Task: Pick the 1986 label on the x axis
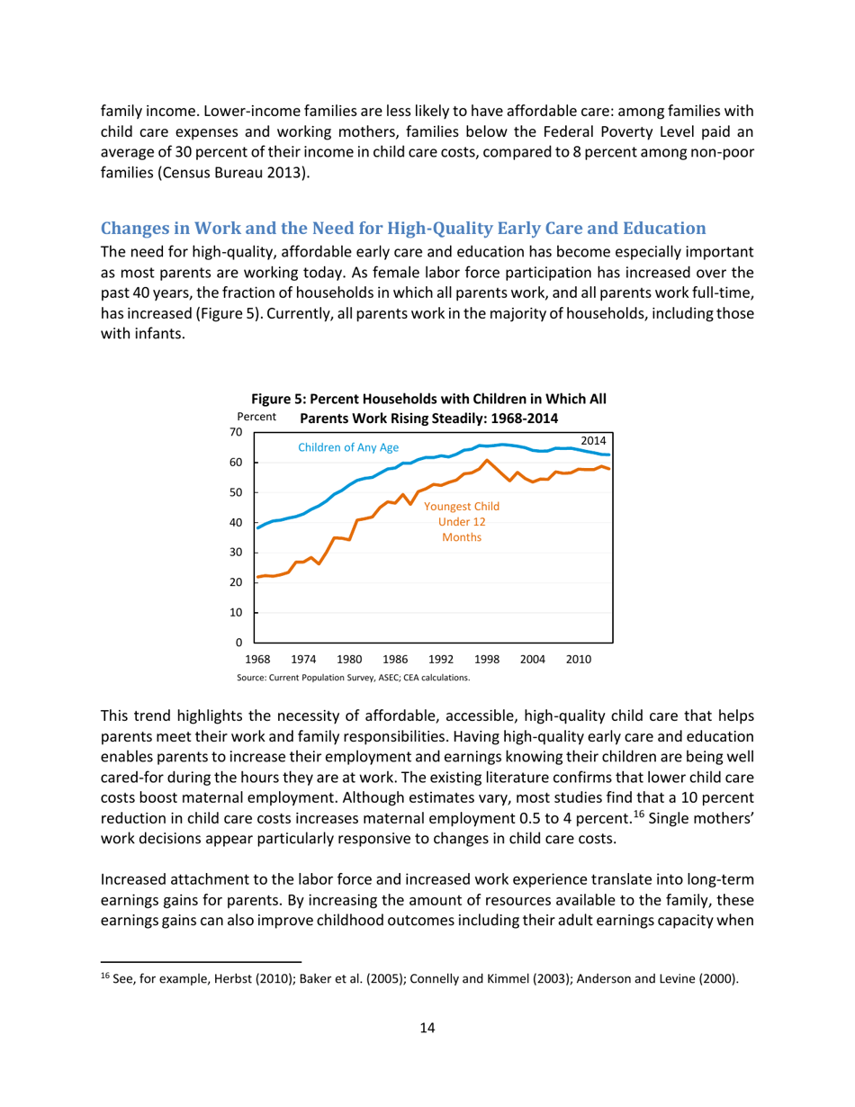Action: (x=395, y=660)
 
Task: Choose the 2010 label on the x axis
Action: (x=578, y=660)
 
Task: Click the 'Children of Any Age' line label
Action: (x=342, y=447)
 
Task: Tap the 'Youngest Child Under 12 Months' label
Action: (x=462, y=522)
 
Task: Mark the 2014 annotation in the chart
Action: (x=594, y=441)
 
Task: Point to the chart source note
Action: (x=353, y=677)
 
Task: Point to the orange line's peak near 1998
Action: (x=487, y=461)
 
